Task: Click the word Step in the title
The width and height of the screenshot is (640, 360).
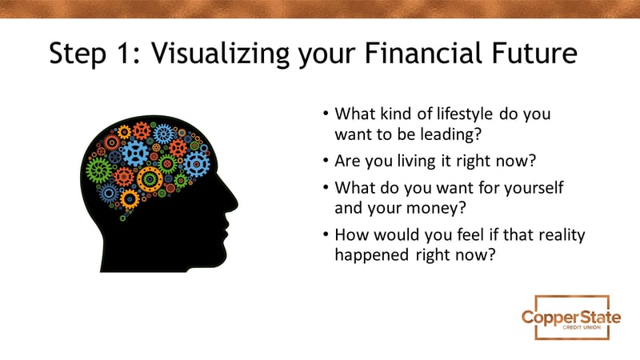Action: coord(78,54)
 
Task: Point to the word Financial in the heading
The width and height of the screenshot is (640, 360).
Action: coord(423,53)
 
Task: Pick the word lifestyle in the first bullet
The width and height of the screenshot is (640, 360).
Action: coord(465,114)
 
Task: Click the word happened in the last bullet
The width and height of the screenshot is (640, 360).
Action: coord(372,255)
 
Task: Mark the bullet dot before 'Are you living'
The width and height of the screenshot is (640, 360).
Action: coord(326,161)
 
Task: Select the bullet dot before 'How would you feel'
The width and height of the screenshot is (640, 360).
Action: coord(326,234)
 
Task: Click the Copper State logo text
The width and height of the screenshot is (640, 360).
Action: coord(571,317)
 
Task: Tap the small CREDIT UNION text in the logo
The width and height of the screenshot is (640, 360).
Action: coord(582,327)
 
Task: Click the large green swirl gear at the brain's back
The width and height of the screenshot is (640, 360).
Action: coord(98,170)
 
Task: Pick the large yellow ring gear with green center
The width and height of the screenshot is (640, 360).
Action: coord(150,179)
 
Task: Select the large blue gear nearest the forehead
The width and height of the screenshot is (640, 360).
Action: coord(197,164)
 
